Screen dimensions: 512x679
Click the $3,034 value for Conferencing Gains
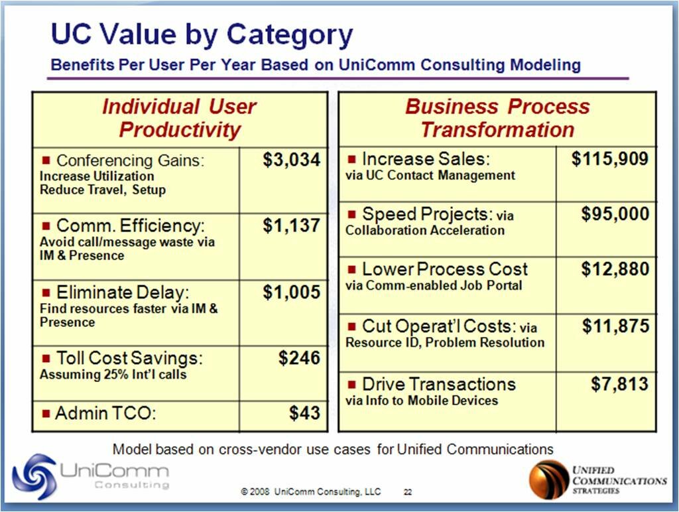point(291,160)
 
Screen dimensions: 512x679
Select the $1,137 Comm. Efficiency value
point(291,226)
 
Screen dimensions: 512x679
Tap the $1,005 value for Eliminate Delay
point(291,292)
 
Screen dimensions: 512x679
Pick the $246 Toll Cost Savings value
point(299,359)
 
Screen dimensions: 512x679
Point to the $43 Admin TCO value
point(304,413)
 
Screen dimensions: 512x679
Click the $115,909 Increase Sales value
point(610,159)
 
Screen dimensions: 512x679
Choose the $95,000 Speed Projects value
point(615,214)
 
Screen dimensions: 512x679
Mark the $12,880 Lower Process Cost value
point(615,269)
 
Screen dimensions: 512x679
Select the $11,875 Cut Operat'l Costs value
point(615,326)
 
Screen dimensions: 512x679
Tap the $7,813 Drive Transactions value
point(619,384)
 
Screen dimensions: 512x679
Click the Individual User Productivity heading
point(179,118)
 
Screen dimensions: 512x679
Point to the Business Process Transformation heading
point(497,118)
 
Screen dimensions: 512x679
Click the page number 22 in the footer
point(408,492)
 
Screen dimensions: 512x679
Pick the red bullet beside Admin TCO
point(46,414)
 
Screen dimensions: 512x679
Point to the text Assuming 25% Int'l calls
point(113,374)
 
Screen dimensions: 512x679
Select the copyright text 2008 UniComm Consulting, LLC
point(311,492)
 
